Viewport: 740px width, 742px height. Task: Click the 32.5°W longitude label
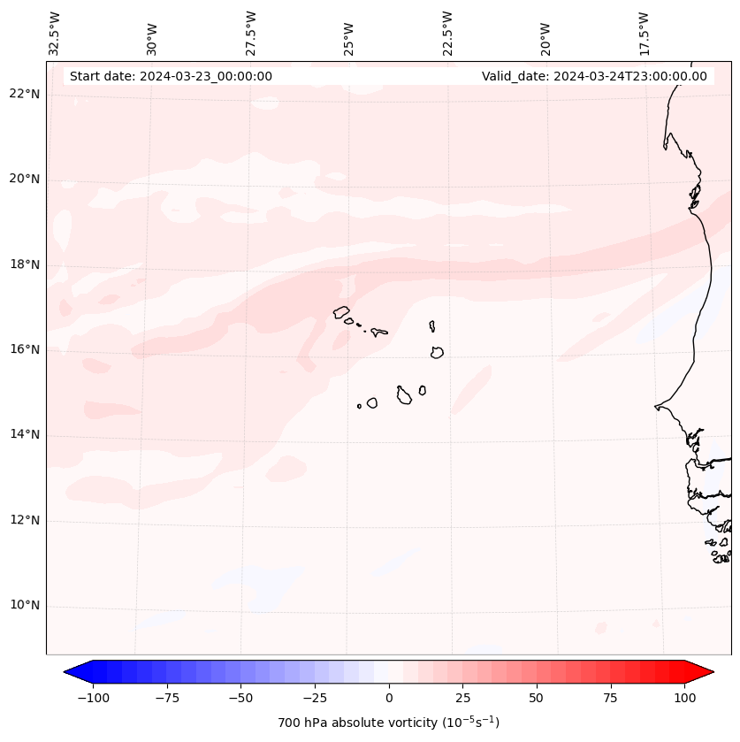point(55,33)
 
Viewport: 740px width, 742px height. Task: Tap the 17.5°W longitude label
point(644,33)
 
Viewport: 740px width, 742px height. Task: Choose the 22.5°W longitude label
point(447,33)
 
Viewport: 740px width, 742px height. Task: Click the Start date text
point(171,76)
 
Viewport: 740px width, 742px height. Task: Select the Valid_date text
point(594,76)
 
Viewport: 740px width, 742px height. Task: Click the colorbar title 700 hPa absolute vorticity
point(389,723)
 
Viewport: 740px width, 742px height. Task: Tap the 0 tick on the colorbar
point(389,699)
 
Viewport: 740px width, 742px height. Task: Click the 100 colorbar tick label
point(685,699)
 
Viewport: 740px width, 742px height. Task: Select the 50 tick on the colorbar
point(537,699)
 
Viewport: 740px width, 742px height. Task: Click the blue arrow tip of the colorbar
point(71,673)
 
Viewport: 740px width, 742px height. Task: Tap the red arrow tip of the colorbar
point(707,673)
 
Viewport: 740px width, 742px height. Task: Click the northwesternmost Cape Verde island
point(341,312)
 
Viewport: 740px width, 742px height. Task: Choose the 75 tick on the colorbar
point(611,699)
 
